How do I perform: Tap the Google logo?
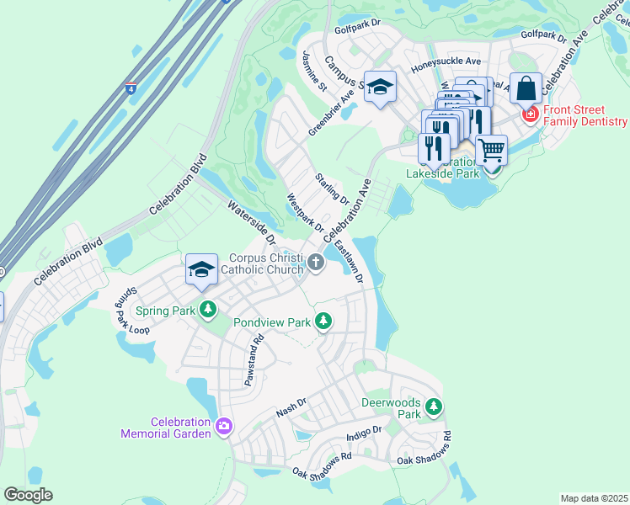[x=28, y=495]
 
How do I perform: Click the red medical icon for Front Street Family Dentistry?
[x=531, y=114]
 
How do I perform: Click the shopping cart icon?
[x=491, y=150]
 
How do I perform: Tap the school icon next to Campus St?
[x=380, y=86]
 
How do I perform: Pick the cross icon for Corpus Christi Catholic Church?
[x=316, y=263]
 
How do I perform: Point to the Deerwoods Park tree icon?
[x=433, y=407]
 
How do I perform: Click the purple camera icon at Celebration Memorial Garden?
[x=223, y=426]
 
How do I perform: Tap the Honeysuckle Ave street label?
[x=446, y=62]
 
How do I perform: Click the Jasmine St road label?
[x=314, y=70]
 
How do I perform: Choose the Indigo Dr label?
[x=364, y=433]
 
